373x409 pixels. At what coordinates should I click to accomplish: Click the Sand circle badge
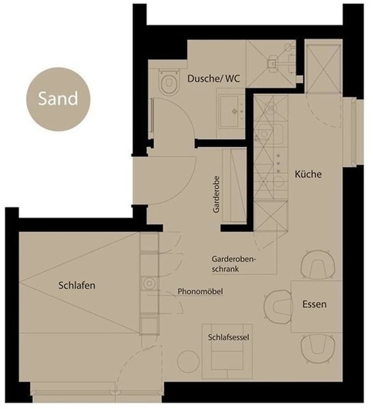[58, 99]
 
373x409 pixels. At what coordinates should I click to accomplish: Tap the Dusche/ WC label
[214, 79]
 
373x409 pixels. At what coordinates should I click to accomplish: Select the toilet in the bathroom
[169, 81]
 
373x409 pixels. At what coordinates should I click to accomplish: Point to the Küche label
[308, 174]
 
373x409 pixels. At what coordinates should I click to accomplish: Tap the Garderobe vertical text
[216, 195]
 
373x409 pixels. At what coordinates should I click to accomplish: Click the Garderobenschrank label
[234, 264]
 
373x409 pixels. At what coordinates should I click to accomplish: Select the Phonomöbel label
[200, 291]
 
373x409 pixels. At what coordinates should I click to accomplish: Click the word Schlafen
[77, 285]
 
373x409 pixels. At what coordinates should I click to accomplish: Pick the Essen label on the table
[315, 304]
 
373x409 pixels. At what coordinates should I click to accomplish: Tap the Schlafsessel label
[229, 337]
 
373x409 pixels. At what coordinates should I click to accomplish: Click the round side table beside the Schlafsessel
[188, 361]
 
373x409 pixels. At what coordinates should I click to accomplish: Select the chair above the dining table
[318, 265]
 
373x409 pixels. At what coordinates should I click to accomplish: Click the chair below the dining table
[318, 348]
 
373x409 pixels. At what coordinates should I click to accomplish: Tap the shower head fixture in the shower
[272, 63]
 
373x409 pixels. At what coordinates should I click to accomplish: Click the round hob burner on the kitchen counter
[278, 181]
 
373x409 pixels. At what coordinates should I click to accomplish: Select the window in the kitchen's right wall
[354, 132]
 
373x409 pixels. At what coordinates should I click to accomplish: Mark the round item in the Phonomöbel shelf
[149, 283]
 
